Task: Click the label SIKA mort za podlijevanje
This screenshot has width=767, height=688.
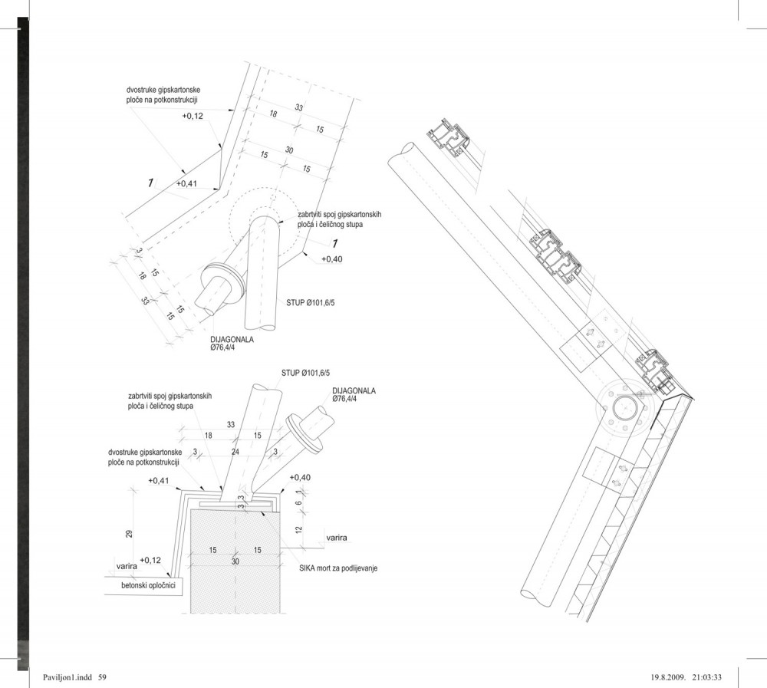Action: click(x=338, y=568)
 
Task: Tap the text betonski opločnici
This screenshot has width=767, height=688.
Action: click(x=148, y=585)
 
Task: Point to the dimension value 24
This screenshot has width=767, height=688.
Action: click(x=235, y=452)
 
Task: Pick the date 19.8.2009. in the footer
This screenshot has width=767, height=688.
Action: click(x=668, y=677)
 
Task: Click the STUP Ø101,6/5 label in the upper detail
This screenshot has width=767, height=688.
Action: click(x=311, y=303)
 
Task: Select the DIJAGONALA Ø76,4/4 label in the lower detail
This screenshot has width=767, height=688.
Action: click(x=354, y=395)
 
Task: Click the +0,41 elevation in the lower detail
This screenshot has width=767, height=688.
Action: click(x=159, y=480)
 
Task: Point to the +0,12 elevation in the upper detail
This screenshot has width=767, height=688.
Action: click(x=193, y=116)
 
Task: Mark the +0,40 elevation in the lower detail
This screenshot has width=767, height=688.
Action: click(x=300, y=477)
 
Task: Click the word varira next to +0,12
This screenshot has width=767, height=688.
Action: click(x=127, y=566)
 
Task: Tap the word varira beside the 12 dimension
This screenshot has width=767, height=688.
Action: click(x=337, y=538)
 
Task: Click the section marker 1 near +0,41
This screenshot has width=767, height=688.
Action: click(x=150, y=183)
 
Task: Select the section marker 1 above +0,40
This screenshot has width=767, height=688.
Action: click(x=335, y=244)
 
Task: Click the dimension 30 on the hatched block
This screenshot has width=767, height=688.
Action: click(x=235, y=561)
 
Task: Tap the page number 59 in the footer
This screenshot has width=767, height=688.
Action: click(x=102, y=677)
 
